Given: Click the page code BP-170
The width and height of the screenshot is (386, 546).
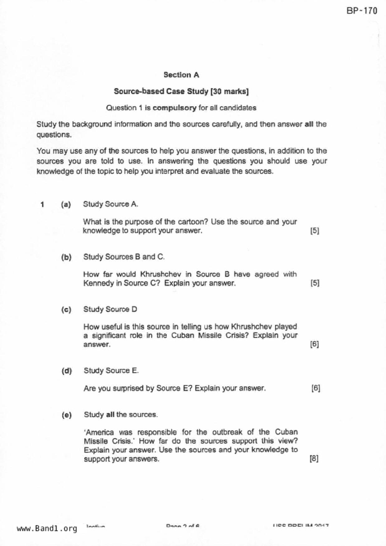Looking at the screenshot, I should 362,11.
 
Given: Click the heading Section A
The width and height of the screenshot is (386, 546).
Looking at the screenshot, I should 181,75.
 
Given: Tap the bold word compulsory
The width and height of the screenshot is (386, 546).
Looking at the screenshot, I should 174,108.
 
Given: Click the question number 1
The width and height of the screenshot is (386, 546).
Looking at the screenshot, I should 42,205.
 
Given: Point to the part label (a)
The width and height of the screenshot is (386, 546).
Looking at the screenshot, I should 66,205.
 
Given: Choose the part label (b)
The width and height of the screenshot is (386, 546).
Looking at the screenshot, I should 66,257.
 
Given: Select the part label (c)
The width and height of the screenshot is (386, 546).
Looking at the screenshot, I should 66,310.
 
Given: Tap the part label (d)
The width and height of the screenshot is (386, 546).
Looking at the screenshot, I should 67,371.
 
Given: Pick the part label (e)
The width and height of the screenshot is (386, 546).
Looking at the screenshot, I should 67,415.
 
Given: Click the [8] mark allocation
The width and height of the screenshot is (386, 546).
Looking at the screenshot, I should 314,459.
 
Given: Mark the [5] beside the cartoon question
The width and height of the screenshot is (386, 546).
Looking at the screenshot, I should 315,231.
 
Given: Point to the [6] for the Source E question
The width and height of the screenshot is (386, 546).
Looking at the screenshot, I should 316,388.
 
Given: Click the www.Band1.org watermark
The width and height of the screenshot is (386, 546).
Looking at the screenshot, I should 47,528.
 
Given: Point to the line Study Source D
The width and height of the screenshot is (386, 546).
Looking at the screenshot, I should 110,309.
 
